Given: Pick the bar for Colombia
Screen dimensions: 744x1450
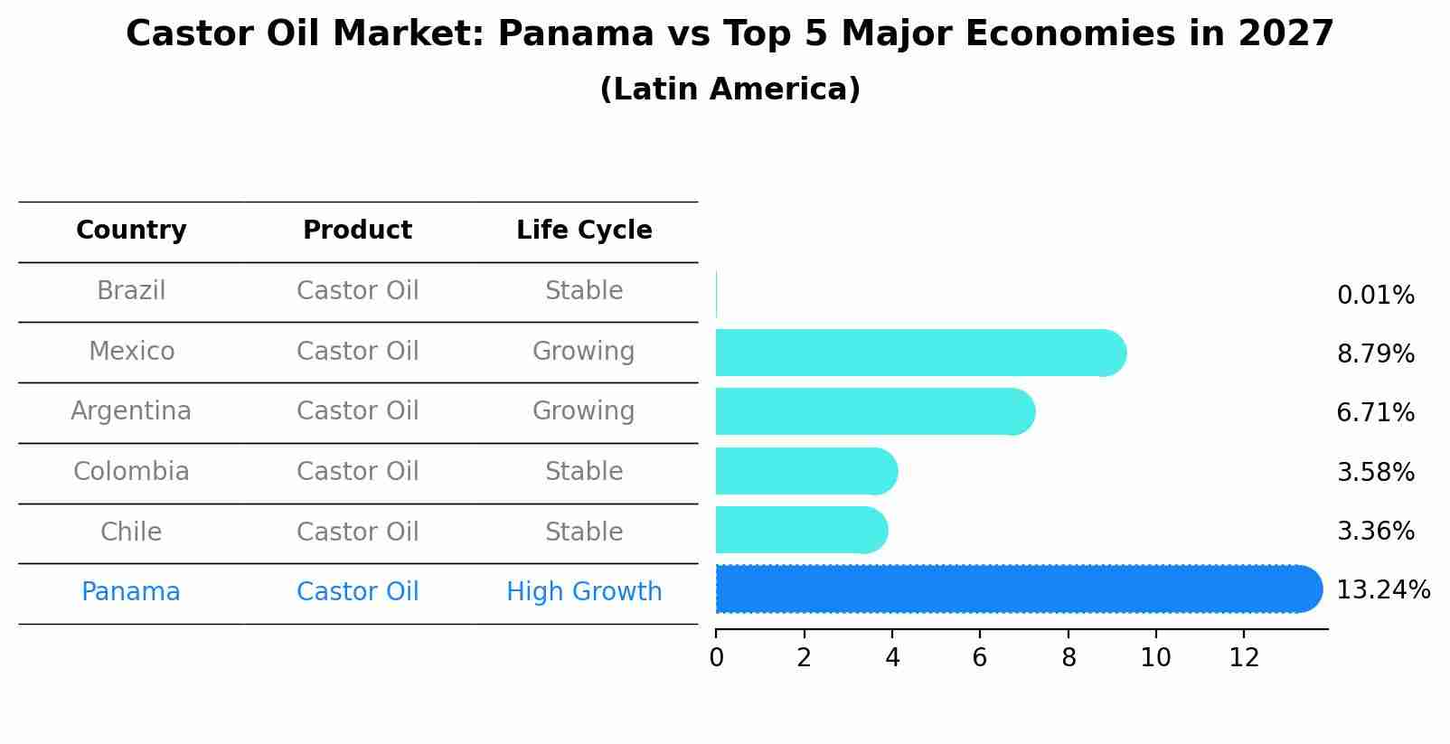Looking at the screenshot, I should coord(805,471).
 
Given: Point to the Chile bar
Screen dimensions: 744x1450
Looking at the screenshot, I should coord(801,531).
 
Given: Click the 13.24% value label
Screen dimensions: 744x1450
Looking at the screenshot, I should coord(1382,590).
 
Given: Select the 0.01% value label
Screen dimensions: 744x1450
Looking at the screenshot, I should coord(1375,296).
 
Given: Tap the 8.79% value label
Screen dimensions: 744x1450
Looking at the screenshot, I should coord(1375,353).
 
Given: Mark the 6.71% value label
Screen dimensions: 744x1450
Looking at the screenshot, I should coord(1375,413).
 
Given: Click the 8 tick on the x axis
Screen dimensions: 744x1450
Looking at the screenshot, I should coord(1069,658).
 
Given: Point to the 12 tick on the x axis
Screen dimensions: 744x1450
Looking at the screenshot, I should coord(1244,658).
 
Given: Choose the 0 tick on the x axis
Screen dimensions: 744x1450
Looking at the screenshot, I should coord(716,658).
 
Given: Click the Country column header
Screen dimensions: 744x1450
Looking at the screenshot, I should coord(131,231).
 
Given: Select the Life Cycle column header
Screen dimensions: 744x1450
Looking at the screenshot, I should coord(584,231).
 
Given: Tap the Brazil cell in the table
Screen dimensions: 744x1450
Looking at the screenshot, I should coord(131,291).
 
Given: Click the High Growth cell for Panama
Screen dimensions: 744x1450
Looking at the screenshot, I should coord(584,592).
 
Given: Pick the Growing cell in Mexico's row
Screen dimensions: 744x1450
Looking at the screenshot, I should coord(584,351).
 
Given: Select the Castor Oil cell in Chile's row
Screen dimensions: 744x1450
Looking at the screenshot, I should coord(358,532).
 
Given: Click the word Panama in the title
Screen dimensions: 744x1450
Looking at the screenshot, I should coord(575,34).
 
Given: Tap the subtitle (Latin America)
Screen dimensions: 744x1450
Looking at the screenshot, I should coord(730,89).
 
